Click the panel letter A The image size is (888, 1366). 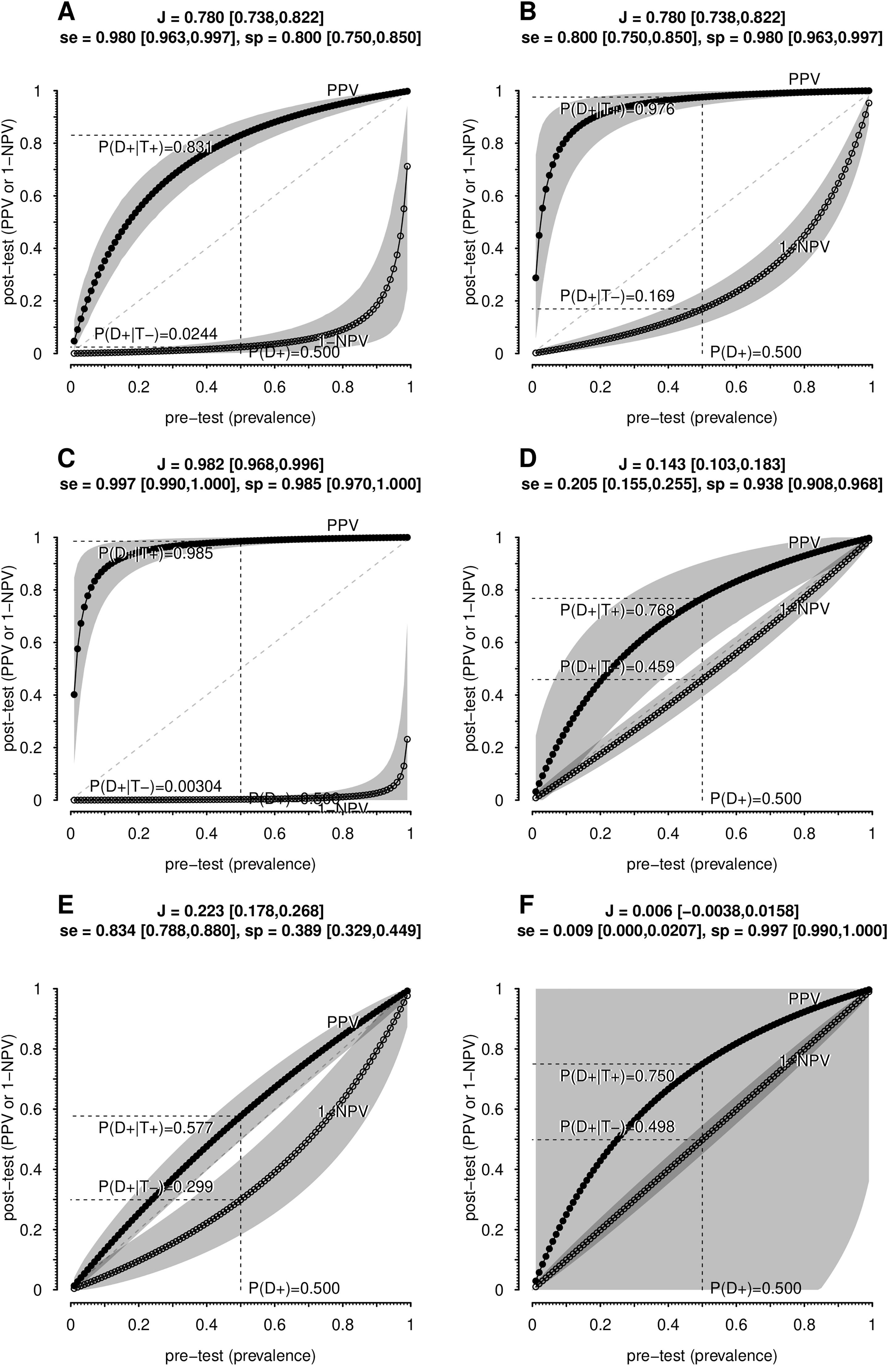click(67, 13)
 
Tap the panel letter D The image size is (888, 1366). click(527, 459)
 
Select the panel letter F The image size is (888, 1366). click(527, 906)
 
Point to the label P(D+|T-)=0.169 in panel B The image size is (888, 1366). click(617, 296)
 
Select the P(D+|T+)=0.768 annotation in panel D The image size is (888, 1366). click(617, 610)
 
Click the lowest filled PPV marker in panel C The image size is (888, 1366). click(74, 695)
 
